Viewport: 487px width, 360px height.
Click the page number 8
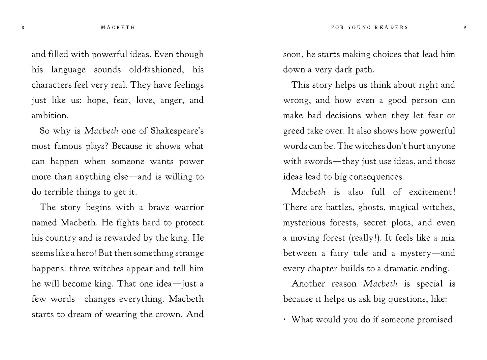click(23, 28)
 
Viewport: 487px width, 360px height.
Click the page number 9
click(465, 28)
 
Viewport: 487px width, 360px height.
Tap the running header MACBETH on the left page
click(118, 28)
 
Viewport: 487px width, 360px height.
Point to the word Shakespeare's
click(177, 131)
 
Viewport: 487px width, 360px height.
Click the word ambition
click(50, 116)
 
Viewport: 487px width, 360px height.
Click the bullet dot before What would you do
click(285, 319)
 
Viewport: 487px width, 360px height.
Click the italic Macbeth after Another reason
click(380, 284)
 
